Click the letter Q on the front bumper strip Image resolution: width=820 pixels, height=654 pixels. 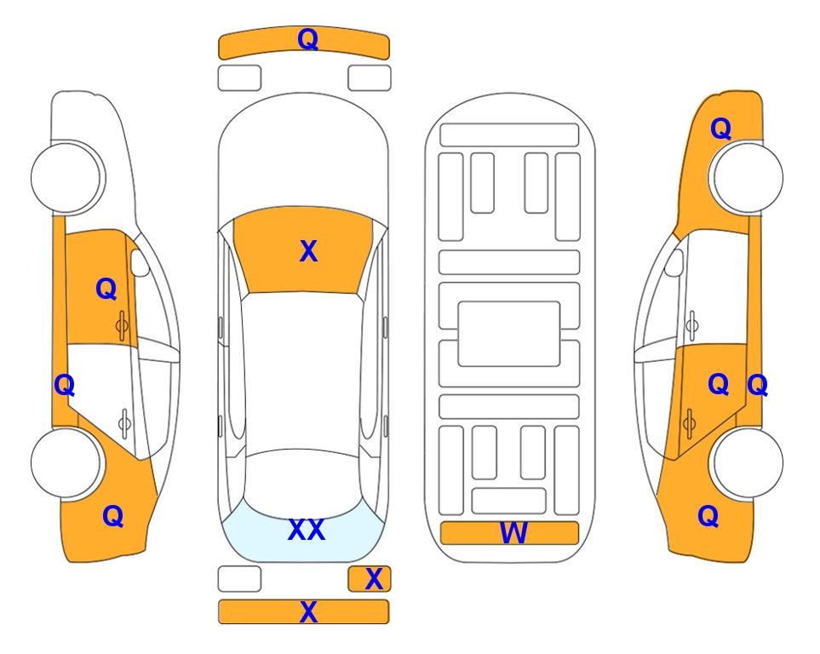308,39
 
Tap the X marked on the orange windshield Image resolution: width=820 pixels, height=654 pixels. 308,251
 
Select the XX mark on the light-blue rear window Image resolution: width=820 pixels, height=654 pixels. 307,530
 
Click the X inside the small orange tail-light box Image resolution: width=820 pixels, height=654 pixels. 374,579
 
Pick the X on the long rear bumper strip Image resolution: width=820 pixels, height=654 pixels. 308,611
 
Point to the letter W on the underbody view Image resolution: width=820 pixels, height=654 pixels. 513,533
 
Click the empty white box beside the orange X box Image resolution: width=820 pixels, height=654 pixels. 239,579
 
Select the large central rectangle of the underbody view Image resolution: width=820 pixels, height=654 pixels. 509,334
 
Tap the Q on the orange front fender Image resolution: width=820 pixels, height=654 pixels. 720,129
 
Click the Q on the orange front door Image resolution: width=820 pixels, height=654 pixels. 106,289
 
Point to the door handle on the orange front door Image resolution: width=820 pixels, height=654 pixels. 122,325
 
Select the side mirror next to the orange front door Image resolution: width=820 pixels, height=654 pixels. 139,262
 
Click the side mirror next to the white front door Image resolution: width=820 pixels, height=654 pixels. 674,262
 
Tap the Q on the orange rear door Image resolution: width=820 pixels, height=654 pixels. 719,385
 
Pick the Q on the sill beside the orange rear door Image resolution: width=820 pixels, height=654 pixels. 757,386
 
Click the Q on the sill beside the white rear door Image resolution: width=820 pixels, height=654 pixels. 65,386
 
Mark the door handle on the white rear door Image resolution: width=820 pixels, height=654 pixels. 124,423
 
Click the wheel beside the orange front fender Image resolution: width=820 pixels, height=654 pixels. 746,178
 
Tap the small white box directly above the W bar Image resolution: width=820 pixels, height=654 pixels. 509,501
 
